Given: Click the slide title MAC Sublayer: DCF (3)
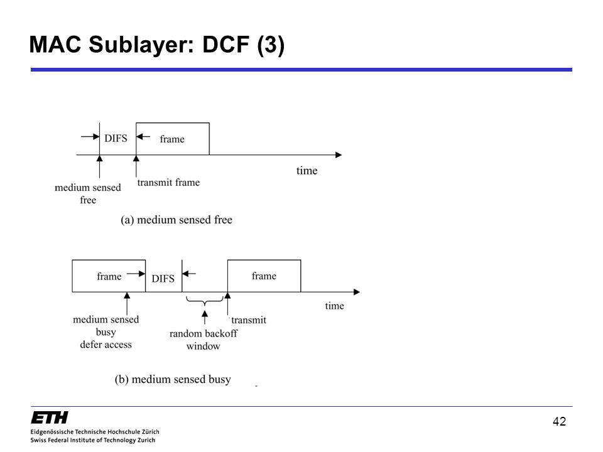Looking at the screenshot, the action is pos(157,45).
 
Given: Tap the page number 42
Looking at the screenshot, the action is pos(559,422).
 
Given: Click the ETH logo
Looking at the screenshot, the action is pos(50,417).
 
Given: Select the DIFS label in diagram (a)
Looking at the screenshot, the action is pos(116,138).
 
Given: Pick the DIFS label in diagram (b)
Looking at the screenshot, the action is pos(163,278).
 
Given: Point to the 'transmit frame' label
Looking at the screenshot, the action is pos(168,182).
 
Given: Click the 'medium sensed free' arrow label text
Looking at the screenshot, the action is pos(88,193).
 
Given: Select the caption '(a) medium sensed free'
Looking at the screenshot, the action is pos(177,220).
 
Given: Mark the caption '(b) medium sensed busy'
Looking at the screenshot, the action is pos(173,379).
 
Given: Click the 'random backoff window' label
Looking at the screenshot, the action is pos(204,340).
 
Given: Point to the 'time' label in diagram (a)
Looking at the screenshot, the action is pos(307,170).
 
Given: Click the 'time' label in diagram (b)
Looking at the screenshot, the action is pos(335,306).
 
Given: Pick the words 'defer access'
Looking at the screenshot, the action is pos(106,345).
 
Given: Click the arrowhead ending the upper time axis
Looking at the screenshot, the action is pos(339,155).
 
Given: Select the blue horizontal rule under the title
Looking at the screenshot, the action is pos(301,70).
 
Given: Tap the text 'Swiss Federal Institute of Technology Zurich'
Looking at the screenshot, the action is pos(93,440).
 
